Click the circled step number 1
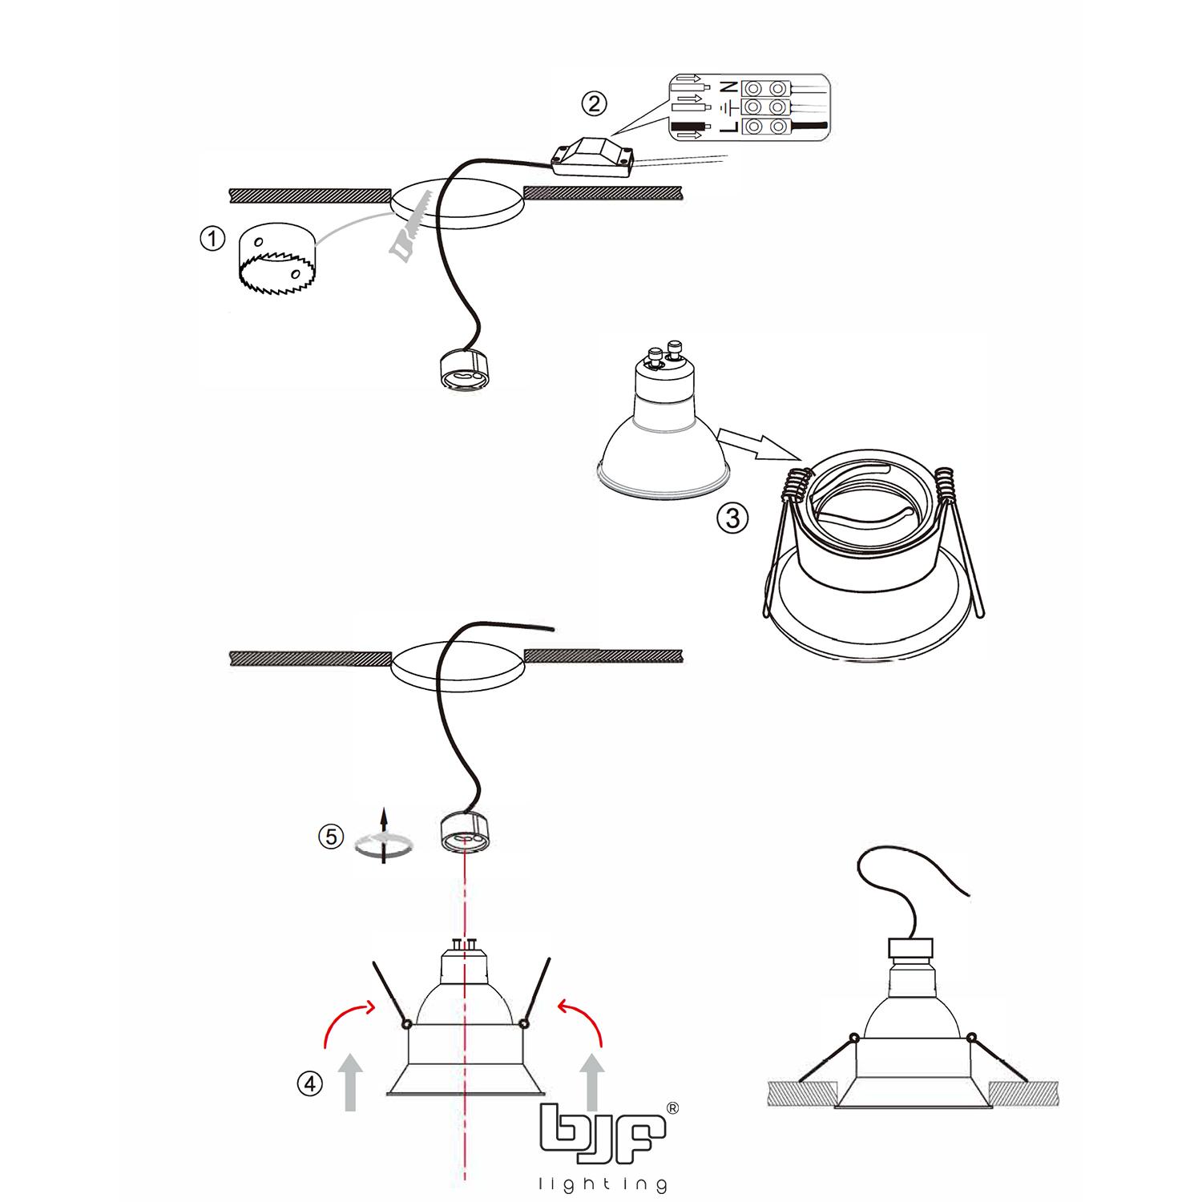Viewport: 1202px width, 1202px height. [212, 240]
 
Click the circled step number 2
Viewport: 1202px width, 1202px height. [593, 103]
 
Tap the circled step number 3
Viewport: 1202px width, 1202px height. [732, 518]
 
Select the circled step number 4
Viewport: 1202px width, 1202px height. [310, 1085]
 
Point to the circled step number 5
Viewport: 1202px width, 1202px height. [330, 837]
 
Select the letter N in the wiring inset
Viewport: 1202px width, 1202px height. [728, 87]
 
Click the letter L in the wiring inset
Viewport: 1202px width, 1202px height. [728, 127]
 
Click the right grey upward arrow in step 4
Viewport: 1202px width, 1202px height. [592, 1082]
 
